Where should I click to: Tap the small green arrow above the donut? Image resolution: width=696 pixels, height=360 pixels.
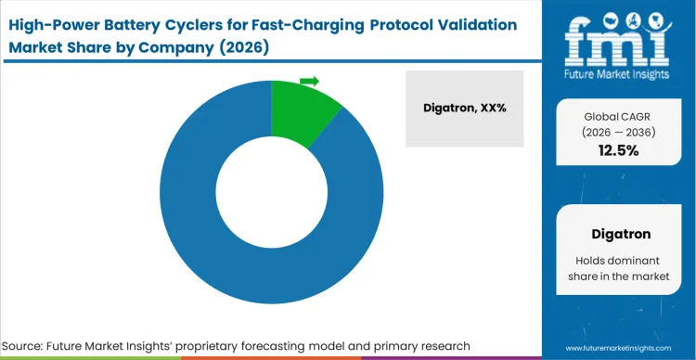(x=309, y=81)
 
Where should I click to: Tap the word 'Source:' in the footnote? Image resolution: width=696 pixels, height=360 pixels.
(x=32, y=345)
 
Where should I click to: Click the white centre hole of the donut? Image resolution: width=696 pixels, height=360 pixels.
(x=271, y=191)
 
